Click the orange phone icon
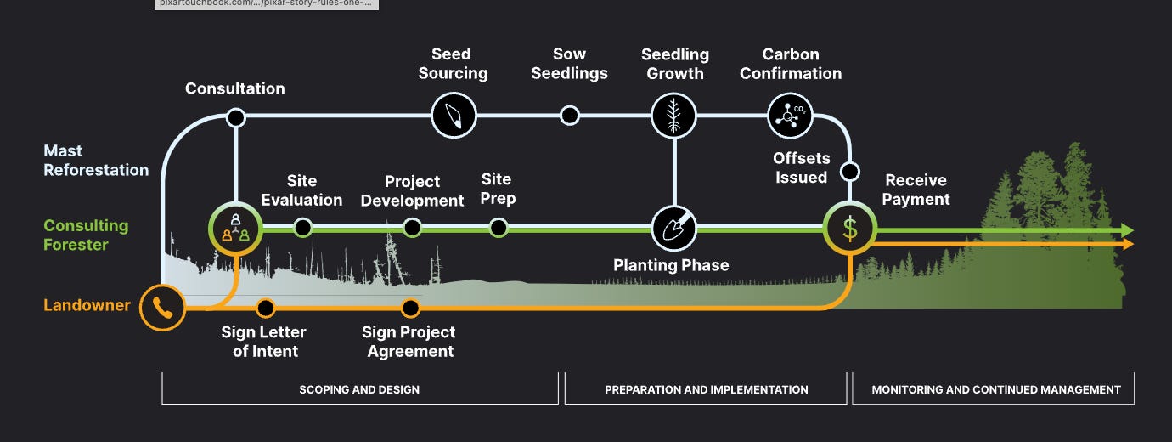[x=162, y=308]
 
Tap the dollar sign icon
[x=849, y=228]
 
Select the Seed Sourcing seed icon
[x=454, y=115]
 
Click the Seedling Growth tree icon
[x=673, y=115]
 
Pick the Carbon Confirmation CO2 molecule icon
[x=790, y=115]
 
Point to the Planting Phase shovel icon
[x=673, y=228]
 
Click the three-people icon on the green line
[x=234, y=228]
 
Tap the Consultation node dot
[x=236, y=116]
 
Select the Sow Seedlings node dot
[x=570, y=115]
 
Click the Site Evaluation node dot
[x=302, y=228]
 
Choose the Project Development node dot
[x=412, y=228]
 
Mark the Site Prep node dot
[x=499, y=228]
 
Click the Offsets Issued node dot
[x=849, y=172]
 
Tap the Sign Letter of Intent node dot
[x=265, y=308]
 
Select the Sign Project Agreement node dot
[x=411, y=308]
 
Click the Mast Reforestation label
[x=96, y=160]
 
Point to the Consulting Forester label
[x=86, y=235]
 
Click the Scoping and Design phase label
[x=359, y=389]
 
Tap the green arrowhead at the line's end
[x=1127, y=230]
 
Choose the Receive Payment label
[x=916, y=190]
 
